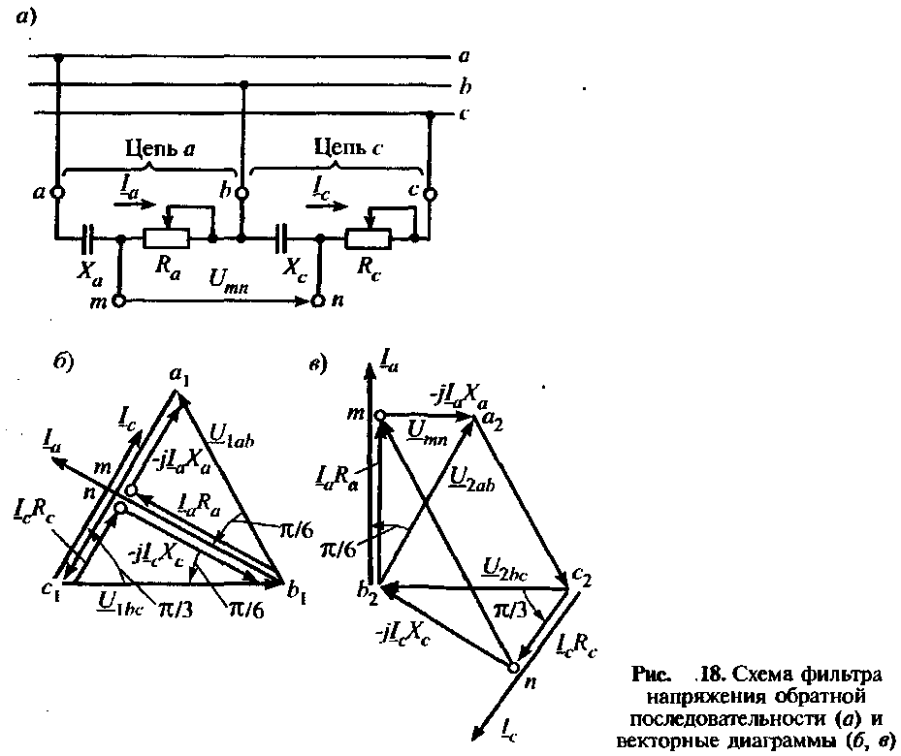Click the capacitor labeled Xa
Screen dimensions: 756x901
87,236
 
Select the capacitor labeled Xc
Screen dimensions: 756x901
283,236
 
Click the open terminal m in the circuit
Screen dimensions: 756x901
119,301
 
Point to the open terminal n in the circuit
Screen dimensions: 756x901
318,301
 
